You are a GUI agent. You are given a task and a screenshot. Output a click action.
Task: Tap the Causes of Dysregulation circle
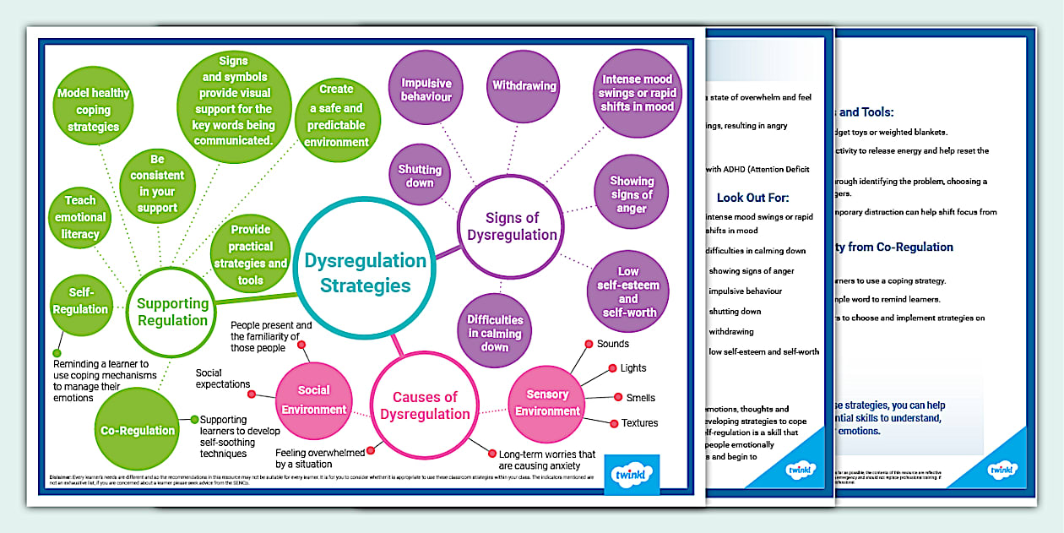coord(425,405)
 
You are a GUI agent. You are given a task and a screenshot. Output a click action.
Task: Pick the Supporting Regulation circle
coord(172,311)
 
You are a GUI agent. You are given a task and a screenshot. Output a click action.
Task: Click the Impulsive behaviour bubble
coord(426,90)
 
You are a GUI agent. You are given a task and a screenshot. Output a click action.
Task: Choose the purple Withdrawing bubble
coord(524,86)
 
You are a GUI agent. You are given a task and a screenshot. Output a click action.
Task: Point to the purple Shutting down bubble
coord(420,176)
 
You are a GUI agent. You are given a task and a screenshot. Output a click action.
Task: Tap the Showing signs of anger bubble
coord(632,194)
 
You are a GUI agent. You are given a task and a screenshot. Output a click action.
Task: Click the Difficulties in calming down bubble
coord(495,333)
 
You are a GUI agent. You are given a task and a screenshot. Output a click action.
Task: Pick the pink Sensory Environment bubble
coord(547,403)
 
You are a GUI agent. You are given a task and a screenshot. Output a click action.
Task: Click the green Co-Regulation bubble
coord(137,430)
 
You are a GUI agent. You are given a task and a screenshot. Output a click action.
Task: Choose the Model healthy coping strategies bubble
coord(93,110)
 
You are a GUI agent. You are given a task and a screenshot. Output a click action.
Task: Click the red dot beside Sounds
coord(588,344)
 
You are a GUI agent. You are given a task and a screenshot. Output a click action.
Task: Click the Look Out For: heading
coord(752,198)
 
